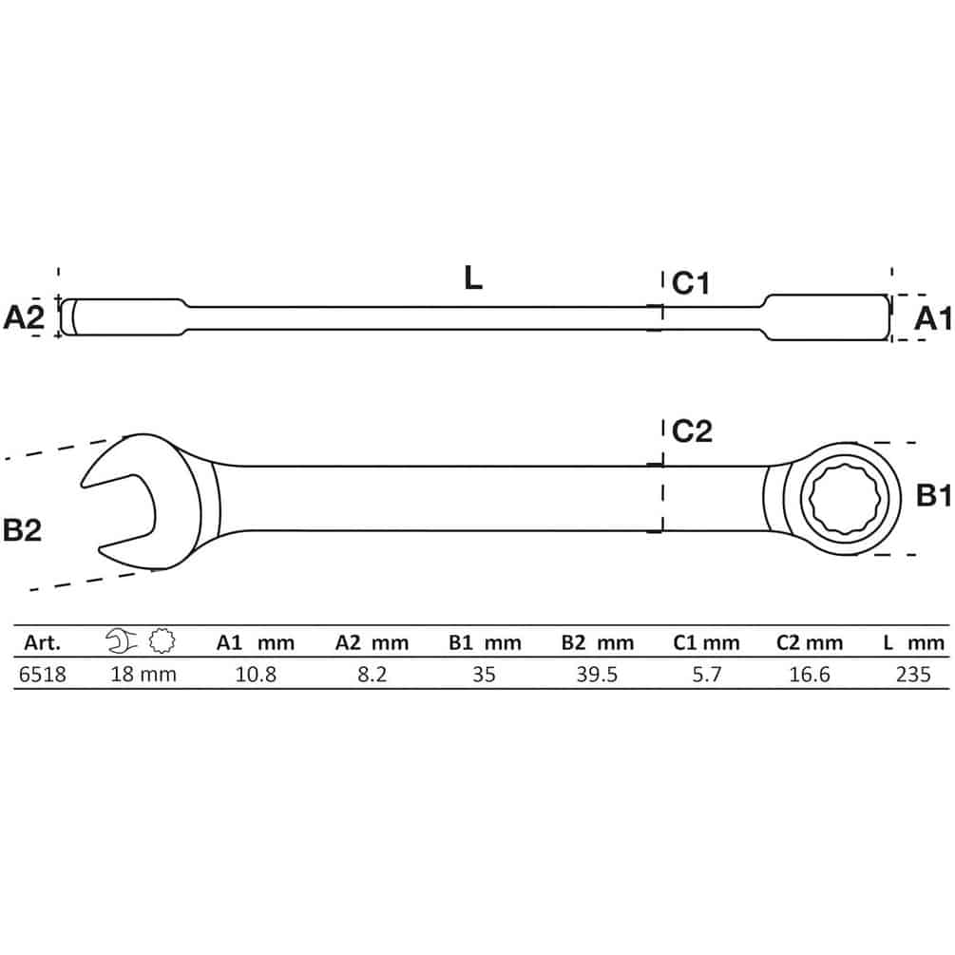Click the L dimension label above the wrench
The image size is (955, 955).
pyautogui.click(x=472, y=278)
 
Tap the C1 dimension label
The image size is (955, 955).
pyautogui.click(x=691, y=283)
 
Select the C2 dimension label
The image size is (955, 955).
pyautogui.click(x=692, y=431)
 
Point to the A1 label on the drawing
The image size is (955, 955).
pyautogui.click(x=932, y=318)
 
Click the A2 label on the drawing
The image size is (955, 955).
pyautogui.click(x=24, y=317)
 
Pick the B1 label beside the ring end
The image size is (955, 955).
pyautogui.click(x=934, y=496)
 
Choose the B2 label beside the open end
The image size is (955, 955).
pyautogui.click(x=23, y=530)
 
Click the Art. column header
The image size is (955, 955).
pyautogui.click(x=42, y=642)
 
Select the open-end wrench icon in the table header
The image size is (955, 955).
pyautogui.click(x=121, y=641)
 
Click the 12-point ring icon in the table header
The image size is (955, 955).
pyautogui.click(x=162, y=641)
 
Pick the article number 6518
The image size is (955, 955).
pyautogui.click(x=43, y=675)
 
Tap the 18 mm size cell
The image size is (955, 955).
pyautogui.click(x=143, y=675)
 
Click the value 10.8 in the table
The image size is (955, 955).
pyautogui.click(x=256, y=675)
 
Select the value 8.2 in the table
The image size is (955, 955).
pyautogui.click(x=372, y=675)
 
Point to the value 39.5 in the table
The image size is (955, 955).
pyautogui.click(x=597, y=675)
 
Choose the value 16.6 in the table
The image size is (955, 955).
pyautogui.click(x=810, y=675)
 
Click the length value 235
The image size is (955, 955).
pyautogui.click(x=913, y=675)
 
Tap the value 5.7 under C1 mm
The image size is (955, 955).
pyautogui.click(x=706, y=675)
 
